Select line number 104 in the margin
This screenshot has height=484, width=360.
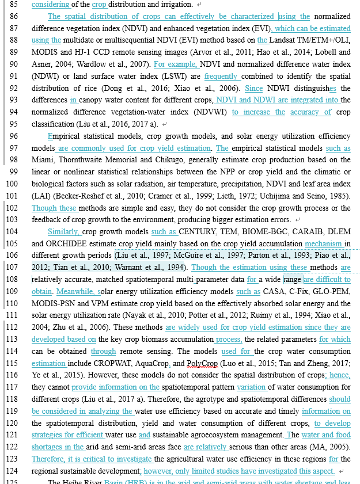click(x=12, y=231)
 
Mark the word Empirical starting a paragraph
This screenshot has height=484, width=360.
click(x=68, y=136)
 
